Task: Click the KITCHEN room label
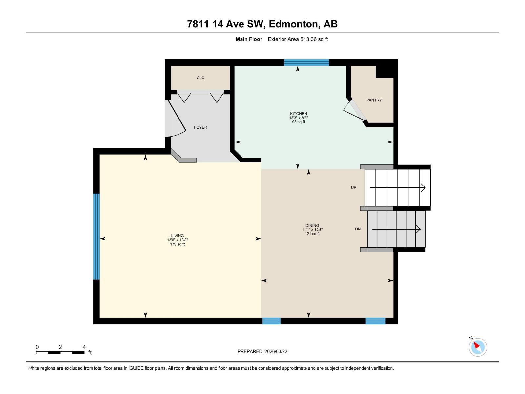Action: tap(298, 114)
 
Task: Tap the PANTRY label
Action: tap(374, 100)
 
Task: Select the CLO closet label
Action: tap(200, 78)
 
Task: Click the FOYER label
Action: tap(200, 127)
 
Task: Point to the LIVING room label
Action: tap(177, 236)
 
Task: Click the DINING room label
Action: tap(312, 226)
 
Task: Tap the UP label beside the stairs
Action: tap(353, 188)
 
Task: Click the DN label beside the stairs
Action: tap(358, 229)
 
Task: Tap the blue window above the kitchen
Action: tap(306, 63)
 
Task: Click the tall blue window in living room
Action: tap(96, 236)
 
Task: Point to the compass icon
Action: tap(477, 347)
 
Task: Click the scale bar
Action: tap(60, 353)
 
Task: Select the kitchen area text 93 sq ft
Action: tap(298, 122)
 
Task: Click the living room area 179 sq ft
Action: tap(177, 244)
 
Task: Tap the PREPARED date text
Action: tap(262, 351)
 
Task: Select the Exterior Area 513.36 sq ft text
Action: tap(298, 39)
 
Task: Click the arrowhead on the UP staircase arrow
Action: tap(423, 188)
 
